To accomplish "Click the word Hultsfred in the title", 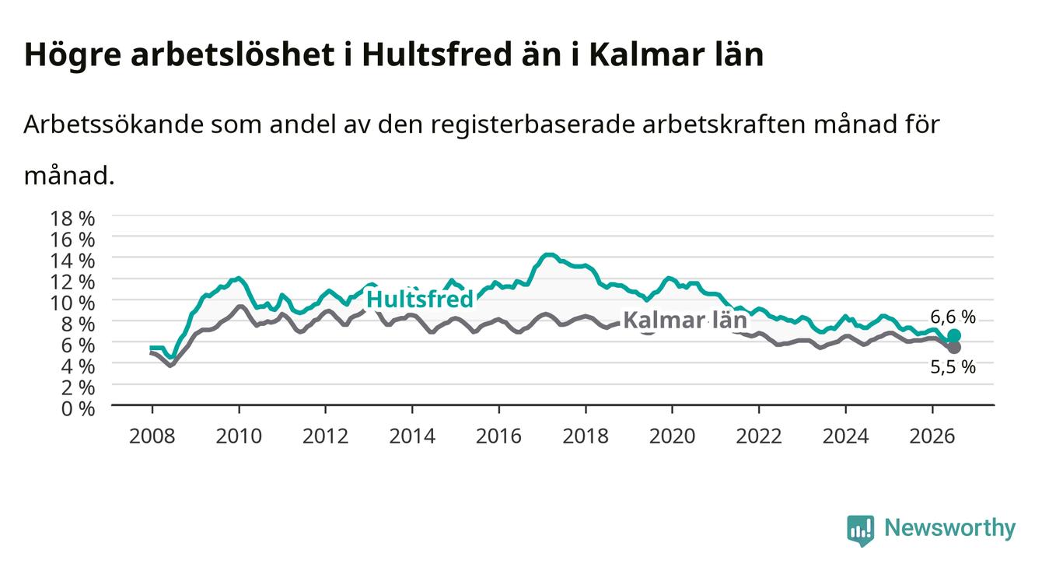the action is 438,54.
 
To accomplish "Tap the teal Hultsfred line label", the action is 420,299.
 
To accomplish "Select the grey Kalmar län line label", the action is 685,321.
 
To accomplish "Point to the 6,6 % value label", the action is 953,317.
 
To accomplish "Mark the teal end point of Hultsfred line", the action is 954,335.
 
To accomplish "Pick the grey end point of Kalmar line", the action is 954,347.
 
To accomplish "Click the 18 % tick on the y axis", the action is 72,219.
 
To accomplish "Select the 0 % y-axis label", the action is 78,409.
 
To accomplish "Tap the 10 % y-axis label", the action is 72,303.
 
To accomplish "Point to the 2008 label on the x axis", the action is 152,436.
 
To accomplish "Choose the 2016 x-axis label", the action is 498,436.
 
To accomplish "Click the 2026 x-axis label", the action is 932,436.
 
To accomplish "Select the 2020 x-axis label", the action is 672,436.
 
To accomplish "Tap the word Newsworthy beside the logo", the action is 950,528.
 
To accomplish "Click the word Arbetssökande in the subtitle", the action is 114,124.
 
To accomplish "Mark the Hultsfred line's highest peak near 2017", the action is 549,254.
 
